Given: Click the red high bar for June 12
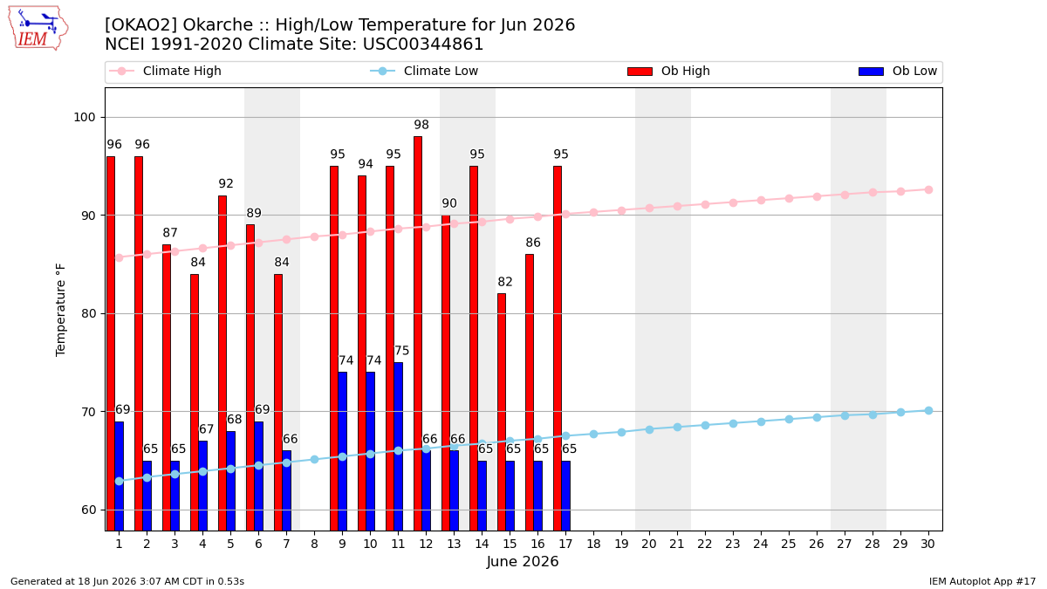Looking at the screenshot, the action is click(418, 333).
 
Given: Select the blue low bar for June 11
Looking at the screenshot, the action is click(398, 447).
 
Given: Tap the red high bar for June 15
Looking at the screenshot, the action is click(502, 412).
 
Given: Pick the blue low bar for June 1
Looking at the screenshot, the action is click(120, 476).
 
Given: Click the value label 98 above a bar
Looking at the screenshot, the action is click(421, 125).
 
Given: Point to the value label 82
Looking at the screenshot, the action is click(505, 282).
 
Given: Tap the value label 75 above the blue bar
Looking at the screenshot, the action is click(401, 351).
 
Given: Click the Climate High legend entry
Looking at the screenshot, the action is click(165, 71).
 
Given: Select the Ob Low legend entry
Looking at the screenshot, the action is click(898, 71).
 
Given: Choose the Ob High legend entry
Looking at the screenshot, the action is click(668, 71).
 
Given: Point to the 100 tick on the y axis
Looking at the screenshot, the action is click(84, 117).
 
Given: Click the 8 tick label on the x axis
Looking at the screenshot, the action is click(315, 544).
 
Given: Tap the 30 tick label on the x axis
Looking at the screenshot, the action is click(927, 544).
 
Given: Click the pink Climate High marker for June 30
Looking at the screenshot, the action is click(928, 190).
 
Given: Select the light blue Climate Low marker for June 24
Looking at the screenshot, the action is click(761, 421).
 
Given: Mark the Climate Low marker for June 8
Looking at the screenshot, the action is click(315, 460).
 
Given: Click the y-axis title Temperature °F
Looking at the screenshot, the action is click(61, 310).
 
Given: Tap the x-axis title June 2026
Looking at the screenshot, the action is click(523, 561).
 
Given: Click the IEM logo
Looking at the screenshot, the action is click(38, 29).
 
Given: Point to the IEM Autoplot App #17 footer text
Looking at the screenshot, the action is click(982, 581).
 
